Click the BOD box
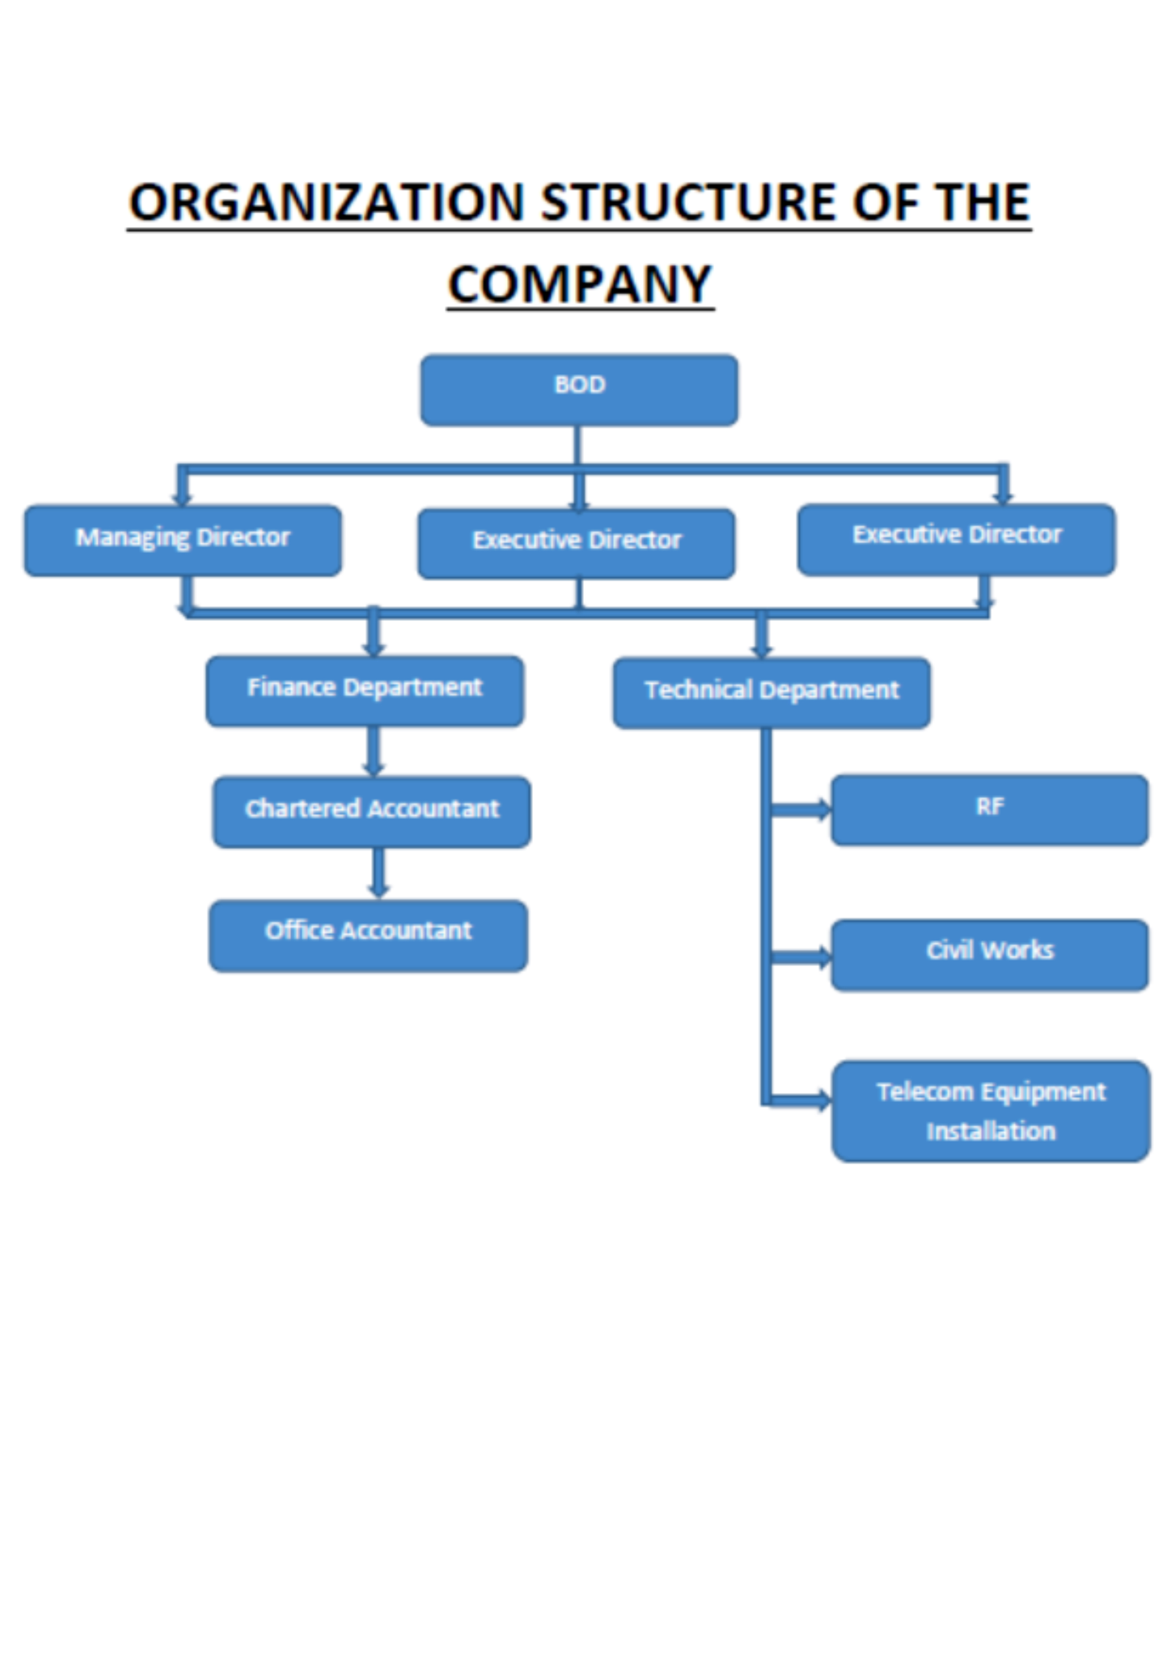[x=579, y=390]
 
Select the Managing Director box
[x=183, y=541]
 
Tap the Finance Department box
[x=365, y=691]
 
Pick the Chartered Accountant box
[x=371, y=812]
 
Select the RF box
[x=989, y=809]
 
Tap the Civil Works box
[x=989, y=954]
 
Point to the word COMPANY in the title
[x=580, y=285]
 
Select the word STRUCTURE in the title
[x=687, y=202]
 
